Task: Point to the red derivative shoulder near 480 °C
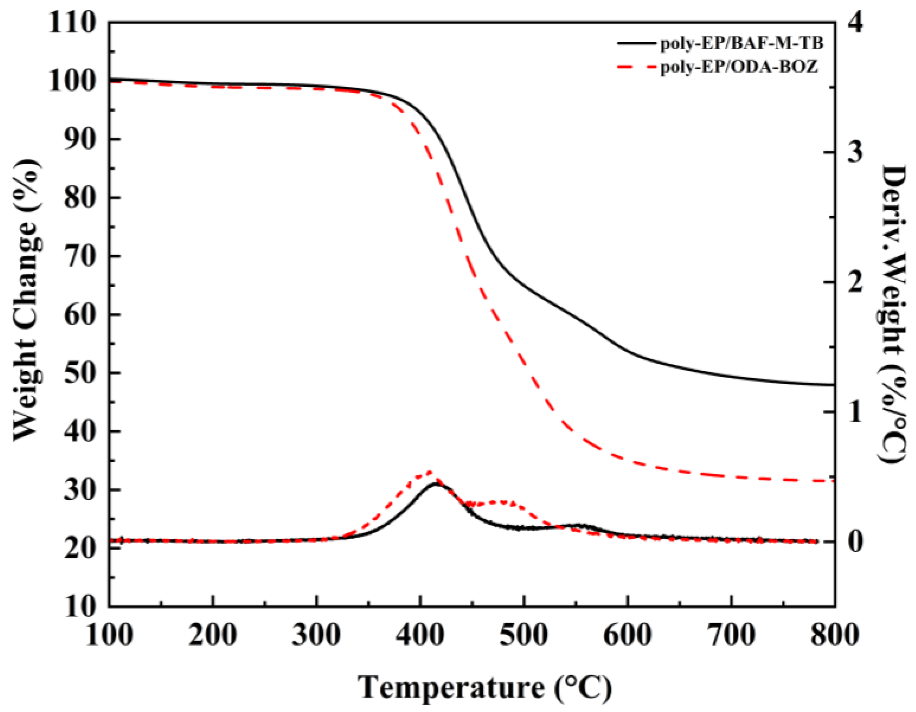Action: coord(501,502)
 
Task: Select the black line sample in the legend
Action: coord(635,43)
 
